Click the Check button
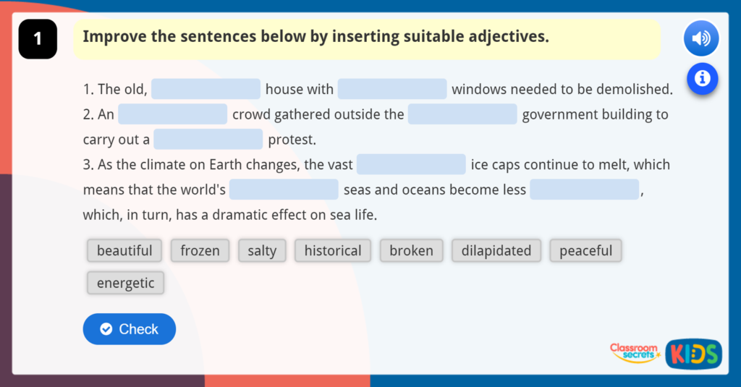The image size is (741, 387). pyautogui.click(x=130, y=329)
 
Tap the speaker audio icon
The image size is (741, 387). pyautogui.click(x=700, y=39)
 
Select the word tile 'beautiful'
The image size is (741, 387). pyautogui.click(x=124, y=251)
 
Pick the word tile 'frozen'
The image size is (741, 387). pyautogui.click(x=200, y=251)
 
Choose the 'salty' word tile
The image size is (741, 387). pyautogui.click(x=262, y=251)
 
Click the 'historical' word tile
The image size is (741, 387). pyautogui.click(x=333, y=251)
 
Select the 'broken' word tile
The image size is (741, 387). pyautogui.click(x=411, y=251)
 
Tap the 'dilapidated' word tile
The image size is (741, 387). pyautogui.click(x=496, y=251)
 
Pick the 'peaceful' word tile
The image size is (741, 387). pyautogui.click(x=585, y=251)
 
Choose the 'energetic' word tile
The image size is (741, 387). pyautogui.click(x=125, y=283)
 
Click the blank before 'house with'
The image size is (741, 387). pyautogui.click(x=206, y=89)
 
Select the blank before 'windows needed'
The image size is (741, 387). pyautogui.click(x=392, y=89)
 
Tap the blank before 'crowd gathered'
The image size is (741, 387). pyautogui.click(x=173, y=114)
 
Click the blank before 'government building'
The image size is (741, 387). pyautogui.click(x=462, y=114)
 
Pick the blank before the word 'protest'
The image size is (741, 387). pyautogui.click(x=208, y=139)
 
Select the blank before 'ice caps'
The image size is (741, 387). pyautogui.click(x=411, y=164)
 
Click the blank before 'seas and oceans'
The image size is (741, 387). pyautogui.click(x=284, y=190)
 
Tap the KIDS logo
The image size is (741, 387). pyautogui.click(x=693, y=354)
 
